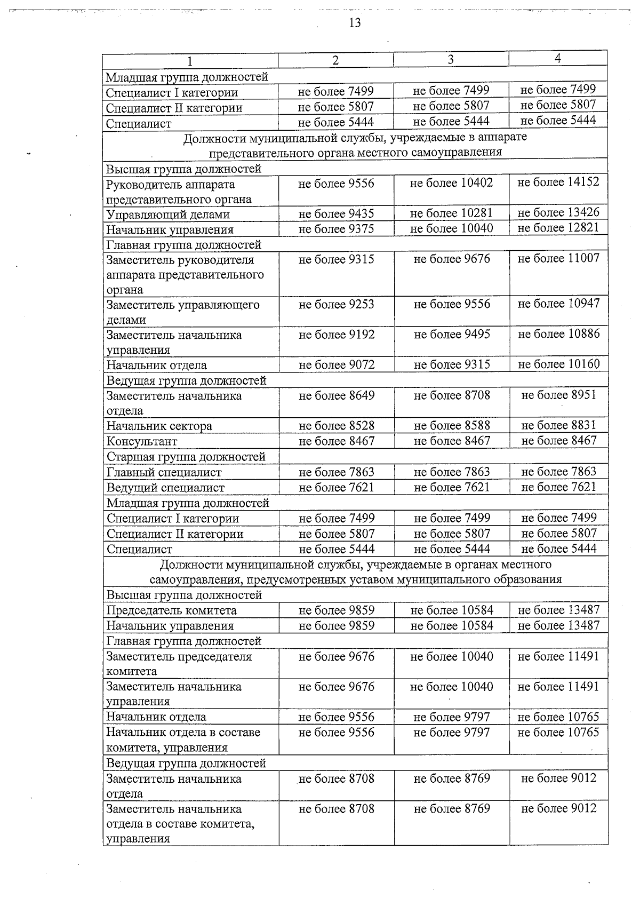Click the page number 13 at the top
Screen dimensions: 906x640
(355, 22)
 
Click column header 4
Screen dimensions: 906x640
(558, 58)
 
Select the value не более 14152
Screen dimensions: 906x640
(558, 182)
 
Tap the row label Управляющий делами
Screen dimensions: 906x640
(168, 214)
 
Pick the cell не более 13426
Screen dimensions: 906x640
(558, 212)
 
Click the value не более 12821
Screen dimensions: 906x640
(558, 228)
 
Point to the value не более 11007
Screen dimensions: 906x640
(558, 258)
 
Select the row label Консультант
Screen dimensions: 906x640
(142, 441)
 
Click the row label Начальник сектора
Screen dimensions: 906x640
(159, 426)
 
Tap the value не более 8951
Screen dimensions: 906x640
(558, 395)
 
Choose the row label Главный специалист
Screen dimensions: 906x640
(164, 472)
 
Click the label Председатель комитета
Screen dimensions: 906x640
(171, 610)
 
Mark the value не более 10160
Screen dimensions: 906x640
(558, 364)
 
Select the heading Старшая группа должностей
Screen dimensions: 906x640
(186, 457)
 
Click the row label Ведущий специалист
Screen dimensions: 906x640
(165, 488)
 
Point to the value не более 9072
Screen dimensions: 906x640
(337, 365)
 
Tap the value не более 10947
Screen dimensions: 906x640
(558, 304)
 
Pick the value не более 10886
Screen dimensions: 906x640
(558, 334)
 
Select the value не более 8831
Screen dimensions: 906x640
(558, 425)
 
